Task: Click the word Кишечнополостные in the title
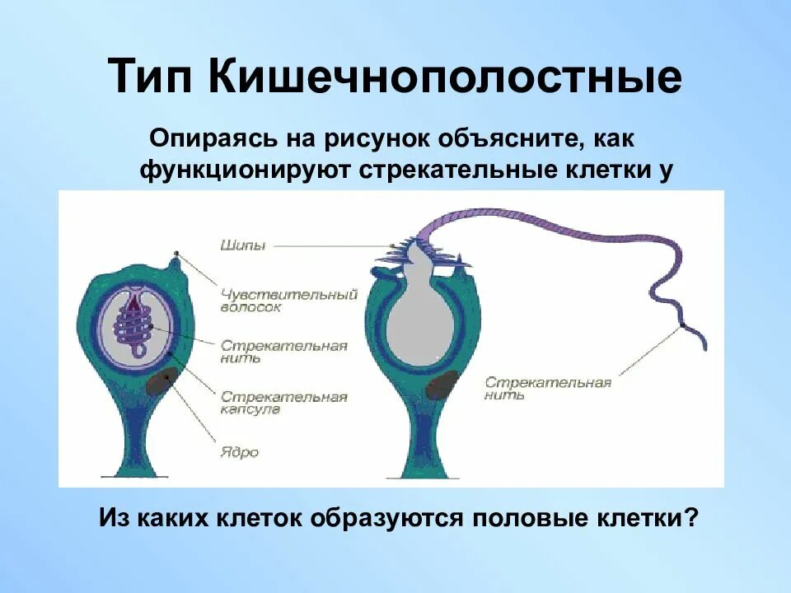[446, 77]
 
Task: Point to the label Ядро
[240, 451]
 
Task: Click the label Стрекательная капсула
[283, 403]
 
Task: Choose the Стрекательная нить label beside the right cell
[547, 388]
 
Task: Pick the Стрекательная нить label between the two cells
[283, 352]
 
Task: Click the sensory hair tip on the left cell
[176, 252]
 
